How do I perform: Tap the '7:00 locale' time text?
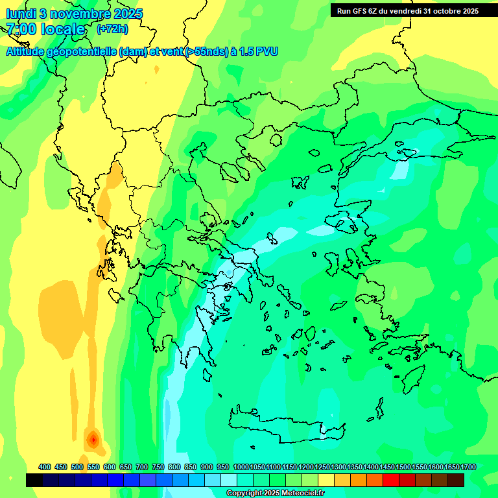coord(45,29)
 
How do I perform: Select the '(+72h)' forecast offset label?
coord(112,29)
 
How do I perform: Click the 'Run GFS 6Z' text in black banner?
coord(357,10)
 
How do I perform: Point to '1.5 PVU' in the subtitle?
coord(259,51)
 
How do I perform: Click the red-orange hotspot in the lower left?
coord(93,440)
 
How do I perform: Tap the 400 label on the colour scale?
coord(45,467)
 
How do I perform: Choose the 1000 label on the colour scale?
coord(241,467)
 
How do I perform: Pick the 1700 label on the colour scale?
coord(469,467)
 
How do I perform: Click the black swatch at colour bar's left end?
coord(34,480)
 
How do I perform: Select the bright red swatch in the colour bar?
coord(390,480)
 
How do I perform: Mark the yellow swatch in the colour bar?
coord(326,480)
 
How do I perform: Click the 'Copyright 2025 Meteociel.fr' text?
coord(276,493)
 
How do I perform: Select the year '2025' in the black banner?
coord(466,10)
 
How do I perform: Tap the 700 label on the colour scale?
coord(142,467)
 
